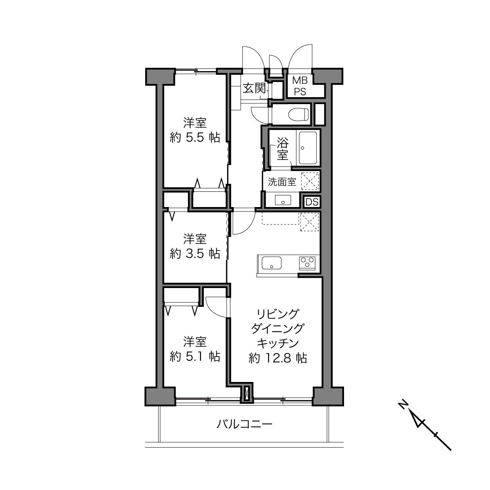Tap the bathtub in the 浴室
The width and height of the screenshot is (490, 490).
pyautogui.click(x=308, y=148)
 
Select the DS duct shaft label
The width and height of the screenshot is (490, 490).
pyautogui.click(x=312, y=202)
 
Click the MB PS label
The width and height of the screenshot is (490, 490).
pyautogui.click(x=300, y=86)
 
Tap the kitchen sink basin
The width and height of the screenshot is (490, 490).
pyautogui.click(x=272, y=263)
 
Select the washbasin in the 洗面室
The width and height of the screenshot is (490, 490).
pyautogui.click(x=283, y=200)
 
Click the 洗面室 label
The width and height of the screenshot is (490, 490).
pyautogui.click(x=282, y=182)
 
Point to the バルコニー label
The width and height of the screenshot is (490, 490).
pyautogui.click(x=244, y=424)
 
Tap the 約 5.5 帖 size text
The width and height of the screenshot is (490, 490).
pyautogui.click(x=195, y=137)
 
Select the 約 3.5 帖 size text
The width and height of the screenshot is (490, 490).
pyautogui.click(x=195, y=253)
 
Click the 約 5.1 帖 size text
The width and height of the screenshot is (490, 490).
pyautogui.click(x=195, y=356)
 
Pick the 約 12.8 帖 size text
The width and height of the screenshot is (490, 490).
pyautogui.click(x=277, y=358)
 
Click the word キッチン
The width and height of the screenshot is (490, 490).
pyautogui.click(x=277, y=343)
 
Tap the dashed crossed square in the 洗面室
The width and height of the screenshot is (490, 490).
pyautogui.click(x=310, y=181)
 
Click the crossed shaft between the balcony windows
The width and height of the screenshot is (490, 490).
pyautogui.click(x=247, y=393)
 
